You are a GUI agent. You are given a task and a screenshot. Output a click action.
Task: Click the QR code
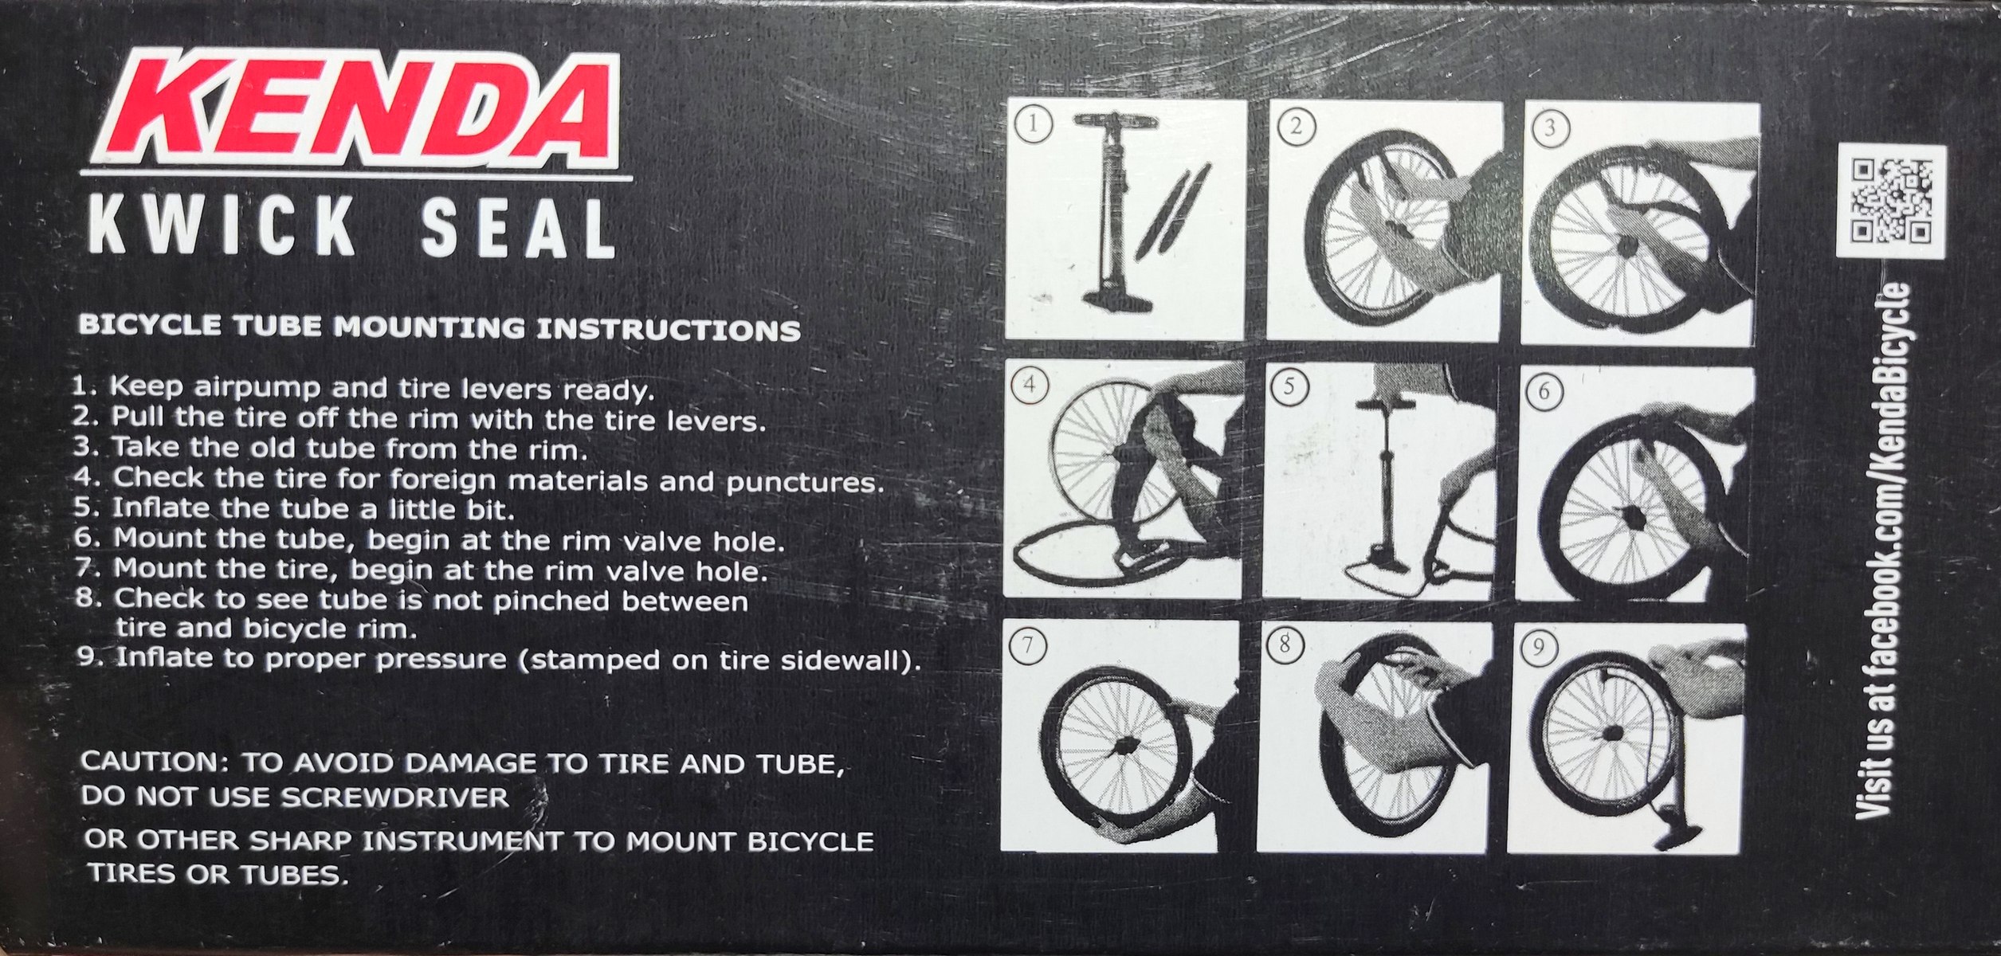coord(1890,201)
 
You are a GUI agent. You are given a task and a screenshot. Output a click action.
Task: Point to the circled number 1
coord(1034,126)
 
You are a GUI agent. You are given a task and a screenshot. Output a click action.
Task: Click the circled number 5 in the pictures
coord(1289,387)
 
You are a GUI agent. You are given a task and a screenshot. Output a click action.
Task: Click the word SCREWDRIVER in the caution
coord(396,797)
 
